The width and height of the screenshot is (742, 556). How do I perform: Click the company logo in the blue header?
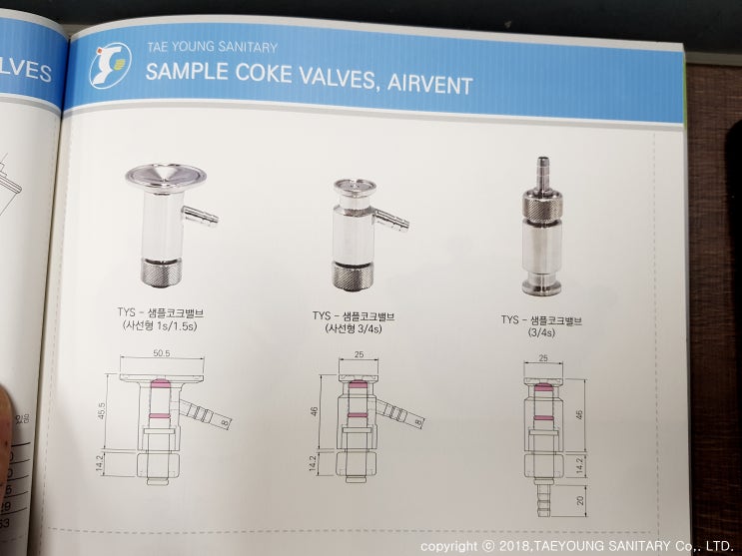108,65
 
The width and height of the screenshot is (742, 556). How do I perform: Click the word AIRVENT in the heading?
424,84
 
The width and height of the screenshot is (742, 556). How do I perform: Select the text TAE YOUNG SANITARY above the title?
212,46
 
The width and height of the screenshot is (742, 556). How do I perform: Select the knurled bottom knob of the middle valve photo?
355,274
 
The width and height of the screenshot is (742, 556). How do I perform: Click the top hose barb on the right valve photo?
543,167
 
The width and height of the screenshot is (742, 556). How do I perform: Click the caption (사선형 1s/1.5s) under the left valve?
157,325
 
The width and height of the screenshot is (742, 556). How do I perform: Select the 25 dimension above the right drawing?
543,356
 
